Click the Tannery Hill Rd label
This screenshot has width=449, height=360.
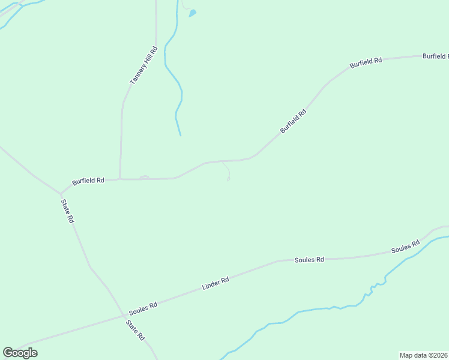pos(143,65)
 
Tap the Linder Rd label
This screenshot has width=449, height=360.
pos(215,283)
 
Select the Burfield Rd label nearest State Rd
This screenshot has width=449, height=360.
pos(88,181)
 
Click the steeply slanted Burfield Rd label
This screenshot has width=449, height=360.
pos(293,121)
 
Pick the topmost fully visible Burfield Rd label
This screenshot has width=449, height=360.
pos(366,62)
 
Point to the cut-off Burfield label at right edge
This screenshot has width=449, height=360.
pos(435,56)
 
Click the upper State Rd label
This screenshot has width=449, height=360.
pos(67,211)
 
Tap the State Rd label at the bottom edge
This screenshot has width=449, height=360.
pos(136,330)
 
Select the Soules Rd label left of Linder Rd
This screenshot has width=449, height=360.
pos(143,306)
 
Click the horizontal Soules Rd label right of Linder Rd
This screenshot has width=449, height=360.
pos(309,260)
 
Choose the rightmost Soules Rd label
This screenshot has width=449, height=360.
pos(405,247)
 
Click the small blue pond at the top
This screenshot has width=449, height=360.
pos(193,13)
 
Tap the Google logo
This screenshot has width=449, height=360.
pos(20,353)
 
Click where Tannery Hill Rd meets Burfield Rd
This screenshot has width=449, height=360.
pos(120,178)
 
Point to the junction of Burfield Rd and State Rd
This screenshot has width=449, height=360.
pos(61,194)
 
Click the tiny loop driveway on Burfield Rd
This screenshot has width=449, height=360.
pos(144,177)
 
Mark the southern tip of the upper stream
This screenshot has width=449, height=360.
pos(180,135)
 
